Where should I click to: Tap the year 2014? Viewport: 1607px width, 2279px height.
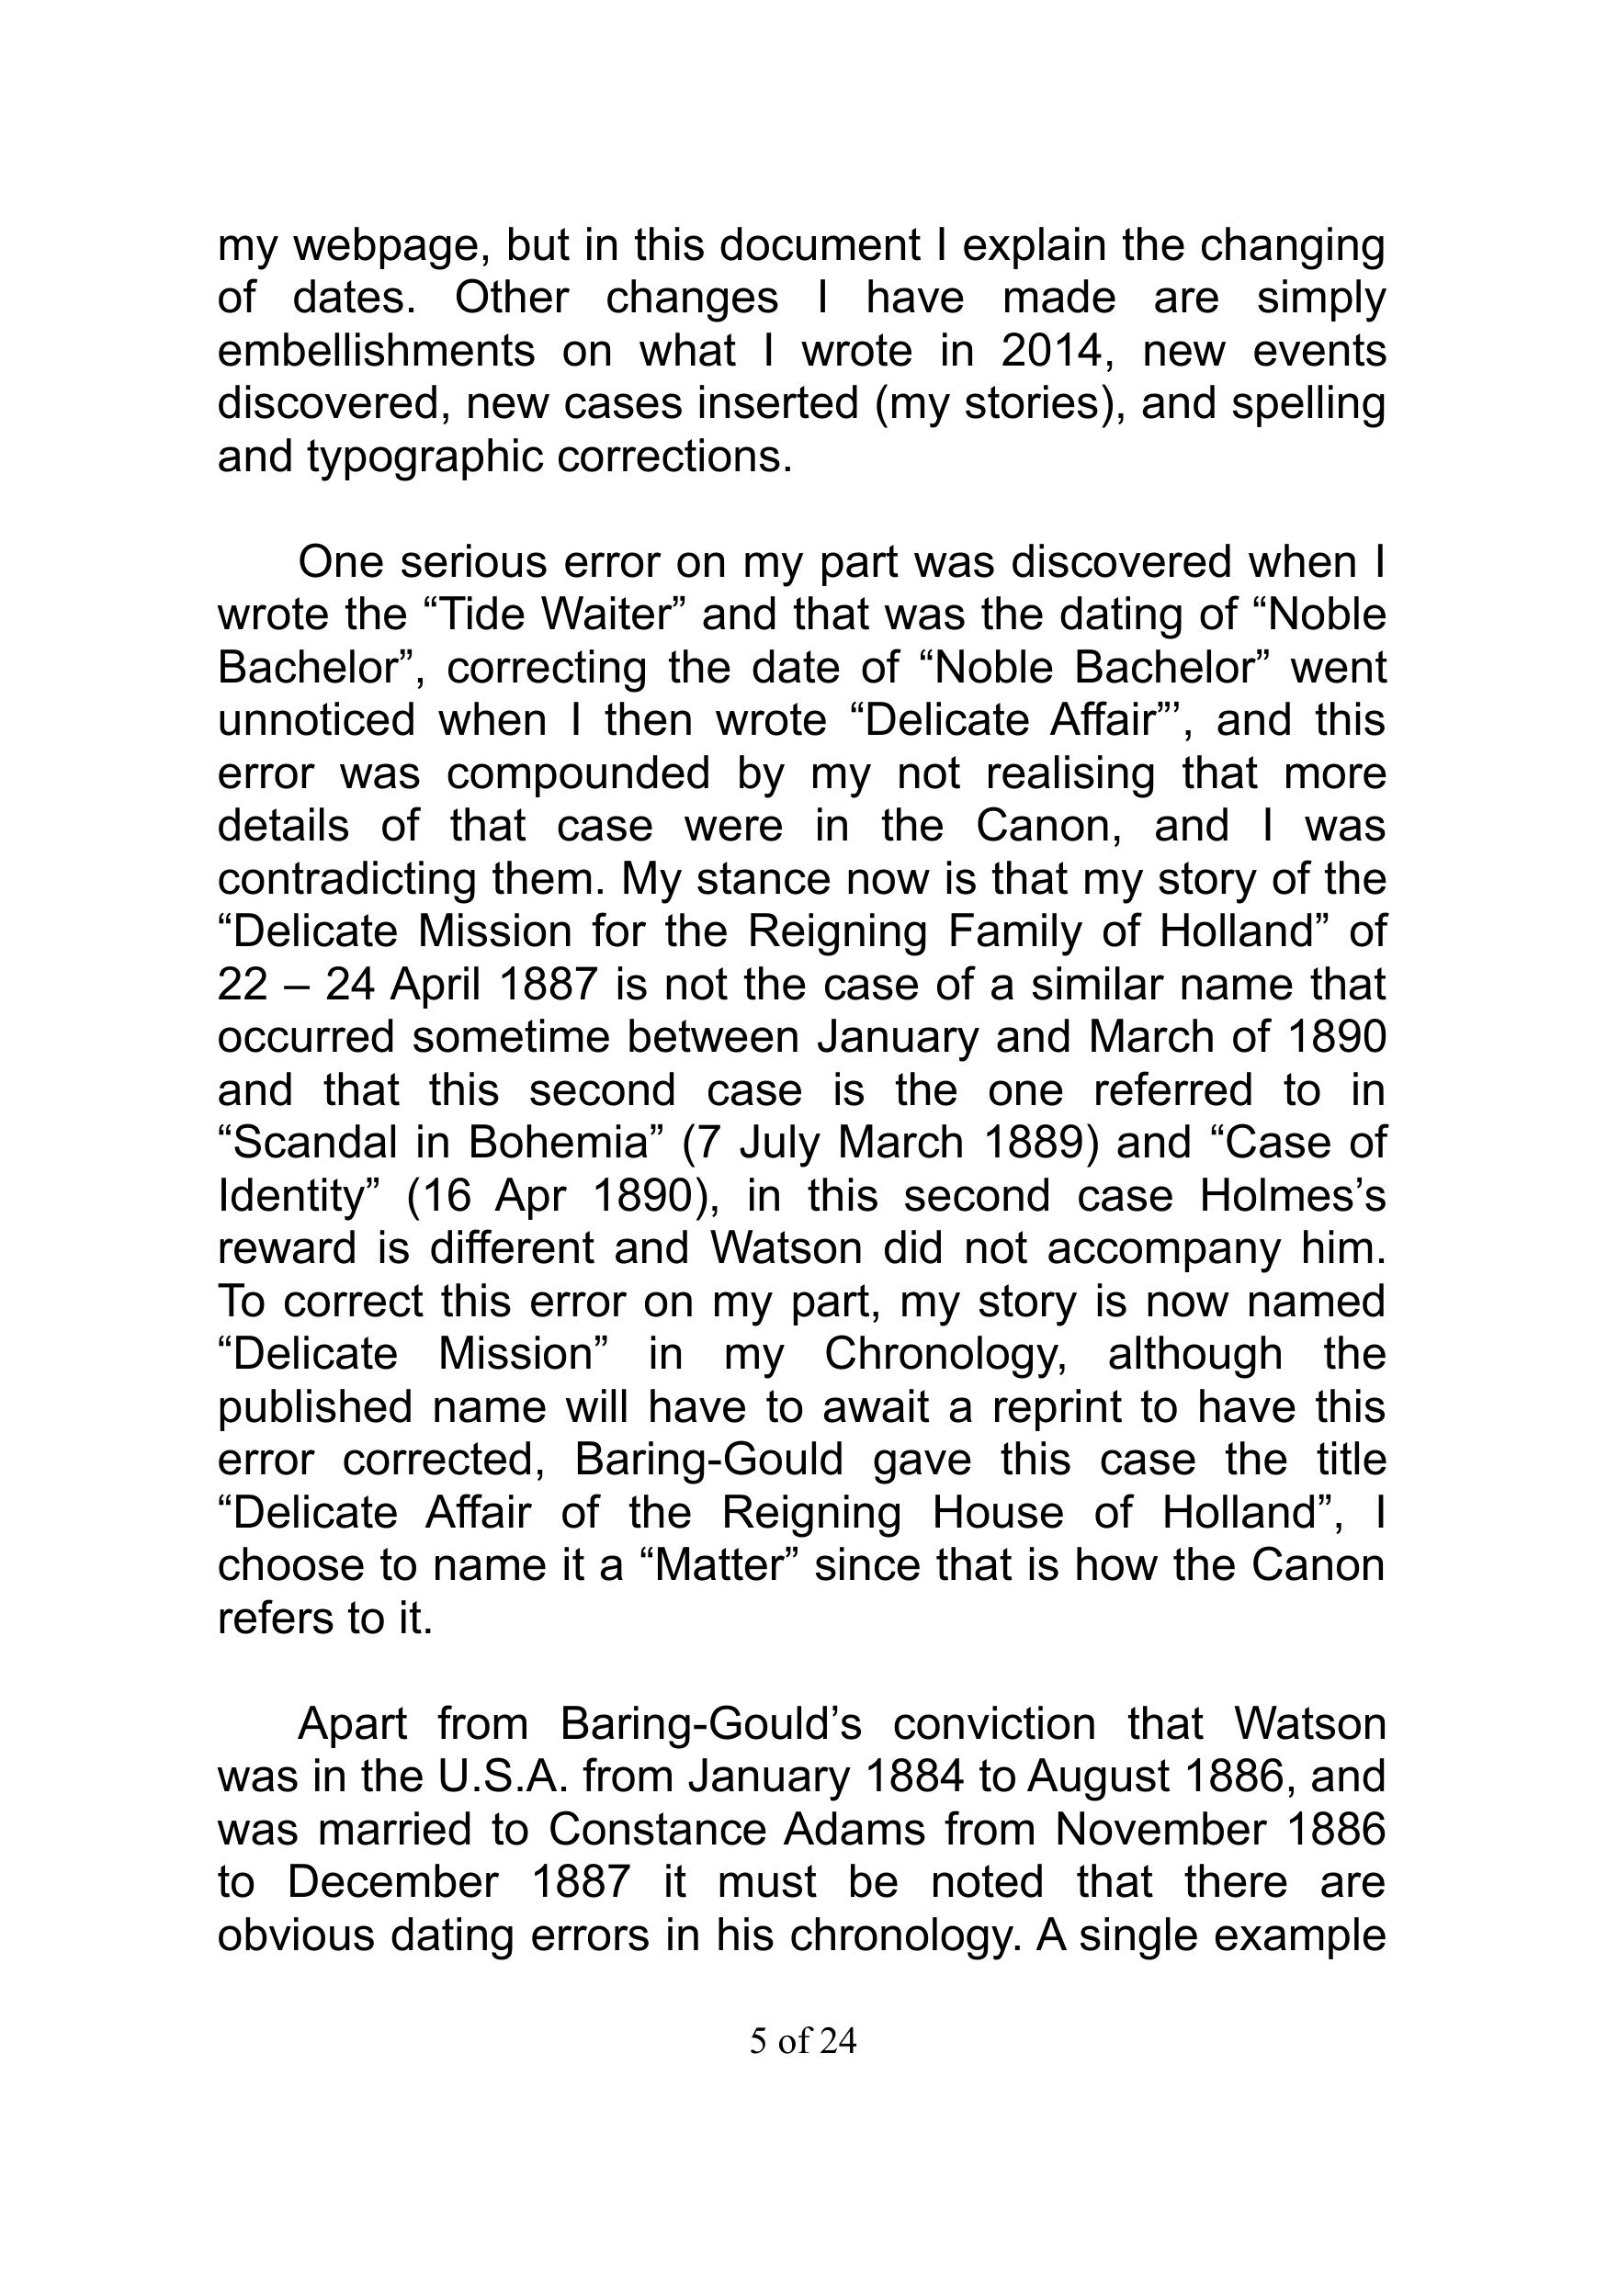pyautogui.click(x=1052, y=352)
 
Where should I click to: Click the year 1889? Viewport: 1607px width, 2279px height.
pyautogui.click(x=1034, y=1144)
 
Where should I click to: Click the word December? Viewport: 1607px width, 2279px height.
pyautogui.click(x=393, y=1883)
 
